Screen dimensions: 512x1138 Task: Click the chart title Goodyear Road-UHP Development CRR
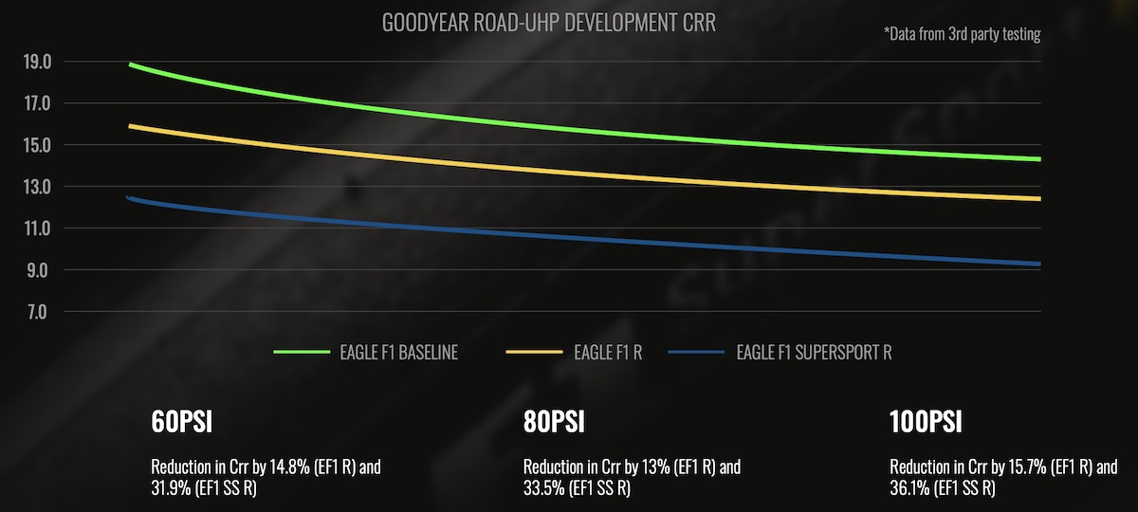pos(548,23)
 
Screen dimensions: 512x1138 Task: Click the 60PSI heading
pos(181,422)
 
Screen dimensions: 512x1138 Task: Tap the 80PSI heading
pos(554,422)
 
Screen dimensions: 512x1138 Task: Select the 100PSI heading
pos(926,422)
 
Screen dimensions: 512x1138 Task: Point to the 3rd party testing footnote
pos(962,34)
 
